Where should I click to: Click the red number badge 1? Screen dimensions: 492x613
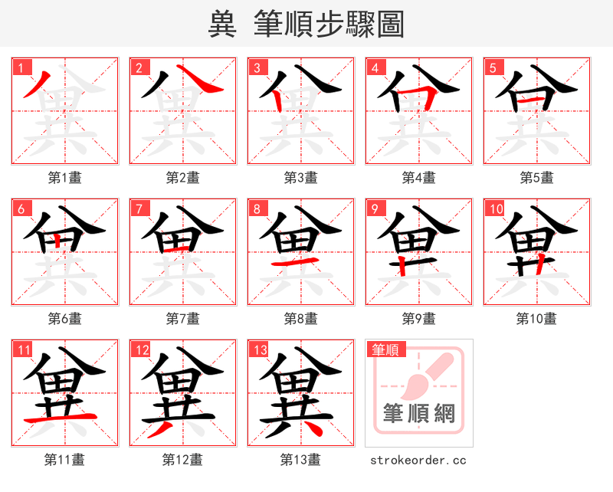point(21,67)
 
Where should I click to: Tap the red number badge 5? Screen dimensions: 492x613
point(493,67)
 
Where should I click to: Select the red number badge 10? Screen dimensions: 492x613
point(496,208)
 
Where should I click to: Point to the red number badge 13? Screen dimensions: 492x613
point(260,350)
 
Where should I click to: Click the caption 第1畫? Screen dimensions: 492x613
point(65,178)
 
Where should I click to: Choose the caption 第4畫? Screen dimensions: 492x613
point(419,178)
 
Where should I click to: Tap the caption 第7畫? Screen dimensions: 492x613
point(183,318)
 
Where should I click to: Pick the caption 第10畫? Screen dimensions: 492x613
point(537,318)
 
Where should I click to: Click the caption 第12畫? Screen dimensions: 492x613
point(183,460)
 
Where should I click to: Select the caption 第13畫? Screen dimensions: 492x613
point(301,460)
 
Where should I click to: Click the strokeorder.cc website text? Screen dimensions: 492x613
point(418,461)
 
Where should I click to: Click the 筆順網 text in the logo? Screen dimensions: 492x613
point(419,415)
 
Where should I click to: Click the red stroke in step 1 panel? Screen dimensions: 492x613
point(35,84)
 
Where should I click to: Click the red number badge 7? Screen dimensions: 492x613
point(139,208)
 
